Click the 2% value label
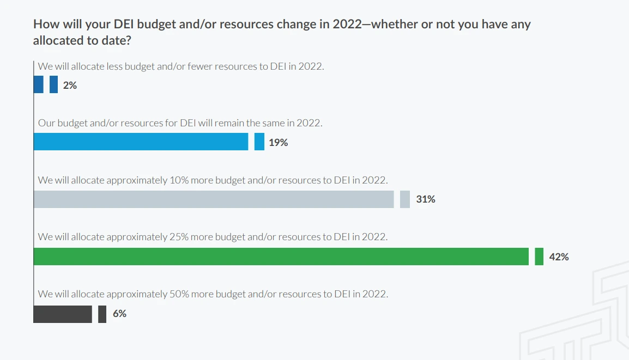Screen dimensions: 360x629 [x=70, y=85]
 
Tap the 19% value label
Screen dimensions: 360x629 [x=278, y=143]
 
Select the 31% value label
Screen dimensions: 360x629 [x=426, y=199]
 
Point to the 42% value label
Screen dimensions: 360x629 [x=559, y=257]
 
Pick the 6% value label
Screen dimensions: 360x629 [x=119, y=314]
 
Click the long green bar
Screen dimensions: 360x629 [x=281, y=257]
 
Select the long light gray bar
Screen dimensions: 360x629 [x=214, y=199]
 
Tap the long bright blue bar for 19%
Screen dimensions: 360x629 [x=141, y=142]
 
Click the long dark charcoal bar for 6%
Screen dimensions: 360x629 [x=63, y=314]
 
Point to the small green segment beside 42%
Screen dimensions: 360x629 [x=539, y=257]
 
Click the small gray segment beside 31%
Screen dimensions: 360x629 [x=405, y=199]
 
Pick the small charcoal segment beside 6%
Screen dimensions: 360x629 [x=102, y=314]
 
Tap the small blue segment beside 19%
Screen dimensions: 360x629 [x=259, y=142]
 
